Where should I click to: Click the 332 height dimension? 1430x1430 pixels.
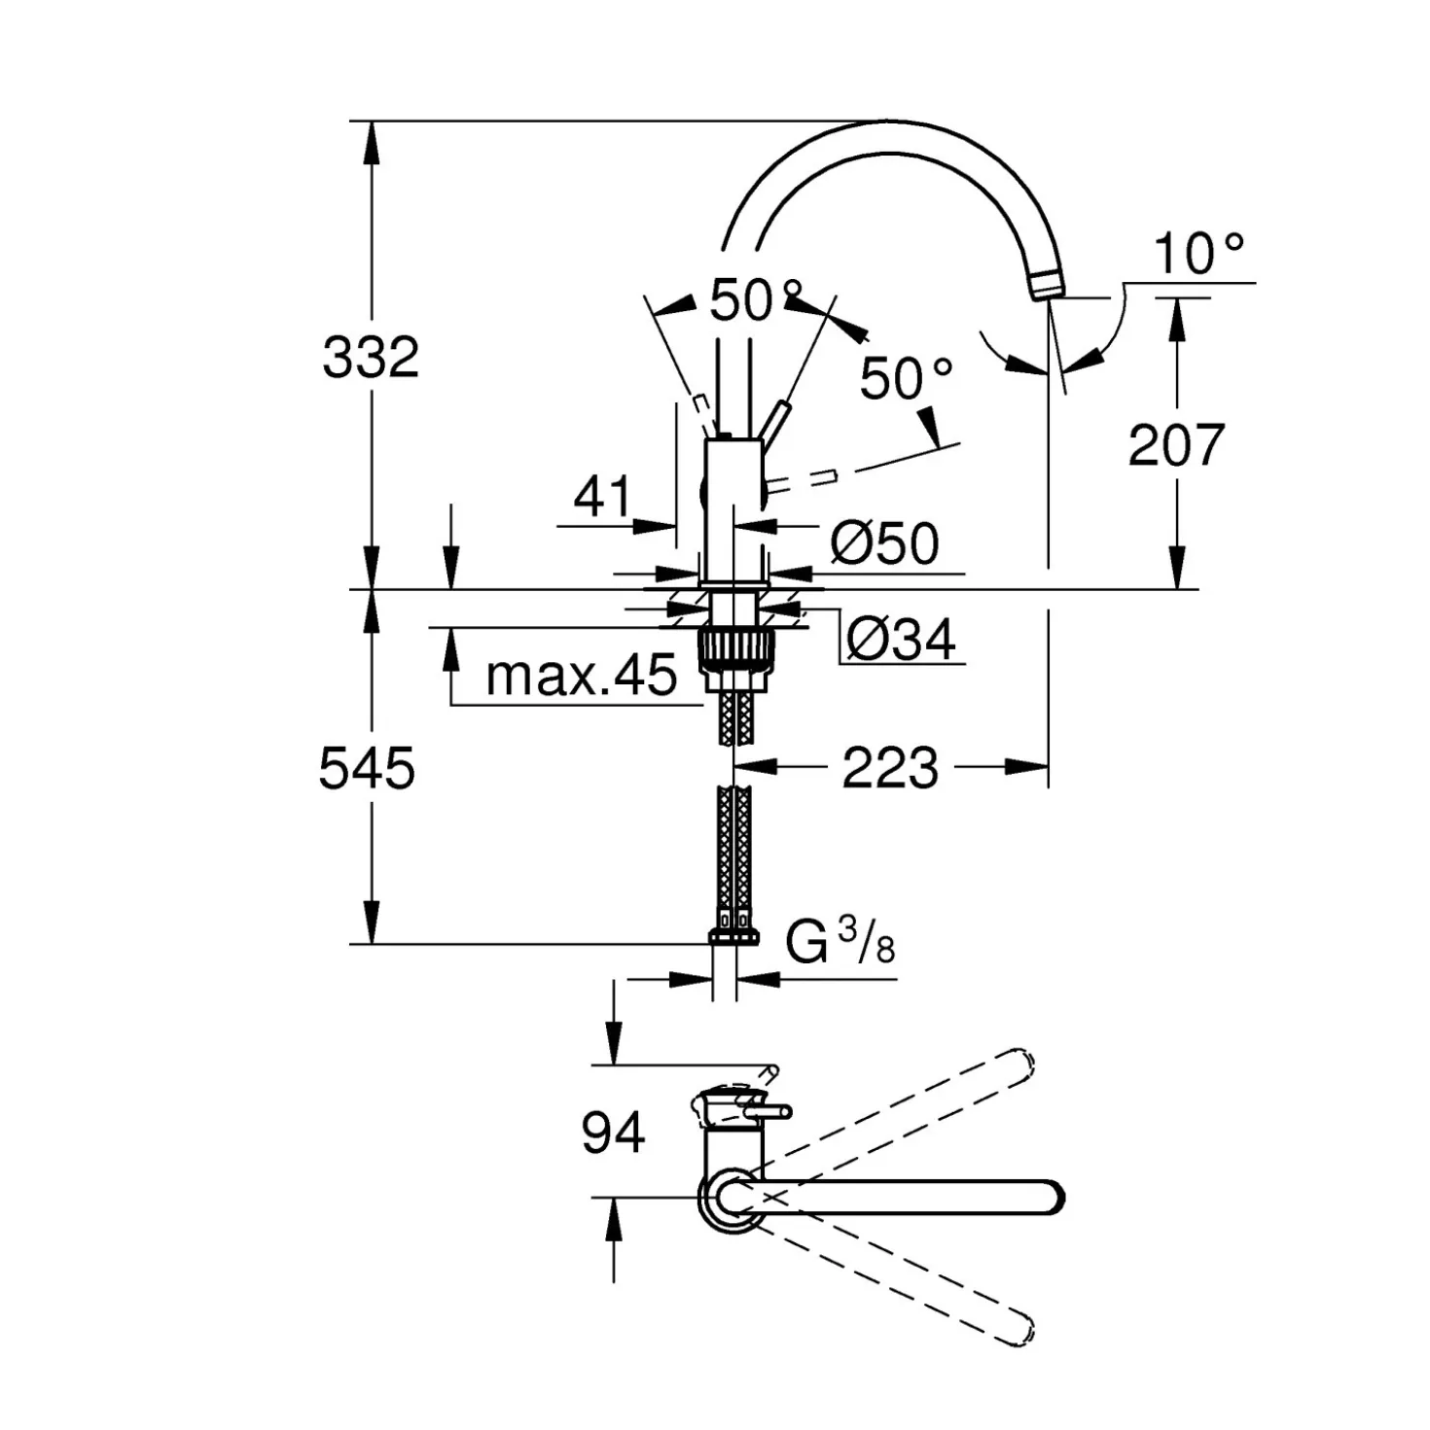coord(371,357)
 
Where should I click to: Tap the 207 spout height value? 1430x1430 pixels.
coord(1175,445)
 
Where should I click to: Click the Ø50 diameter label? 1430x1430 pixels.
coord(884,543)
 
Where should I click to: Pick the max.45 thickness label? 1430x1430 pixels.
coord(582,675)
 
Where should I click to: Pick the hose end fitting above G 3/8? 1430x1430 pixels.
coord(733,935)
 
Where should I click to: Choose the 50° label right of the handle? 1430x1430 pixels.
coord(906,378)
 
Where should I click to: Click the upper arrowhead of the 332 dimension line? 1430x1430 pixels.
coord(372,144)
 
